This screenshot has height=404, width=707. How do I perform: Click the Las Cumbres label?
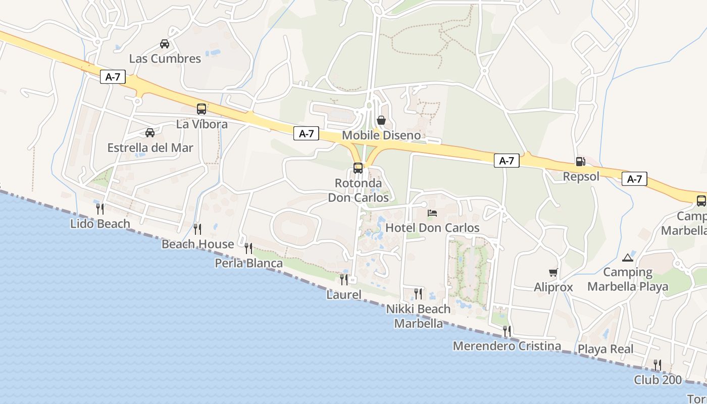pyautogui.click(x=165, y=59)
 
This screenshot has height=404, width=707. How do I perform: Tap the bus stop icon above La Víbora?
pyautogui.click(x=201, y=109)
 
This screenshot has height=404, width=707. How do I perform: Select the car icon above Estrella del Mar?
pyautogui.click(x=150, y=133)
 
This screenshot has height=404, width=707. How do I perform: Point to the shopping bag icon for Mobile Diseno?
pyautogui.click(x=381, y=120)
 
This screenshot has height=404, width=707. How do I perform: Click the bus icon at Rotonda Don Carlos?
pyautogui.click(x=358, y=168)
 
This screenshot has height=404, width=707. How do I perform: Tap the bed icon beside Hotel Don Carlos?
pyautogui.click(x=432, y=213)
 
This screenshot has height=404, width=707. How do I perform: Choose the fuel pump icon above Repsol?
pyautogui.click(x=581, y=162)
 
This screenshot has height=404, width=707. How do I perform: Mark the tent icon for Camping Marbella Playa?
pyautogui.click(x=628, y=258)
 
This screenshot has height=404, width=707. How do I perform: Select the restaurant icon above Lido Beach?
pyautogui.click(x=100, y=209)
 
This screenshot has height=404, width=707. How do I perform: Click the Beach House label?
pyautogui.click(x=197, y=244)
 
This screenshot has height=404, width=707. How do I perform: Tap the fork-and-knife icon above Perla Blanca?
pyautogui.click(x=248, y=248)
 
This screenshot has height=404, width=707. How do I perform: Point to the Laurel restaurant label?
pyautogui.click(x=344, y=294)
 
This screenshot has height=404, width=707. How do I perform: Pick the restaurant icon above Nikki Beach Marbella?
pyautogui.click(x=418, y=293)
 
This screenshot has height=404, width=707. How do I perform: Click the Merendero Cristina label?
pyautogui.click(x=507, y=346)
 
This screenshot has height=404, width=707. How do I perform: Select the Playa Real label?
pyautogui.click(x=605, y=349)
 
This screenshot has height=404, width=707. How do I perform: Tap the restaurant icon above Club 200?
pyautogui.click(x=658, y=365)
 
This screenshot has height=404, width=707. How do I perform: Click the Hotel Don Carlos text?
pyautogui.click(x=432, y=228)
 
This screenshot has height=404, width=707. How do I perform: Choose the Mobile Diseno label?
pyautogui.click(x=381, y=135)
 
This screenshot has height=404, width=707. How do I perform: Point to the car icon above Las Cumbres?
pyautogui.click(x=165, y=43)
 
